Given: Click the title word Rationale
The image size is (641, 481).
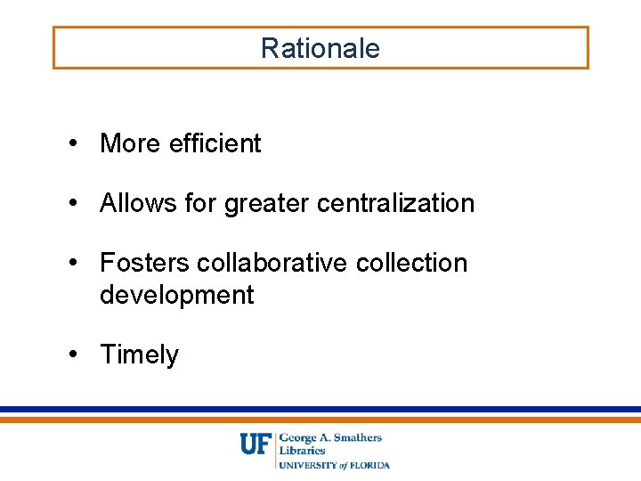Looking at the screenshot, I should coord(320,48).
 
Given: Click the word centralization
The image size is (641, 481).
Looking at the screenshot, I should coord(395,203).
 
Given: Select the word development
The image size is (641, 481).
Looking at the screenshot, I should coord(177,295).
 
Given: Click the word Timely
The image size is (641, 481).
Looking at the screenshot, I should coord(139,355).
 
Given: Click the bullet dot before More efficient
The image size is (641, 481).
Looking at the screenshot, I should coord(80,144).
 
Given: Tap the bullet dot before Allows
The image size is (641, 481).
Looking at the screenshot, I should coord(80,204).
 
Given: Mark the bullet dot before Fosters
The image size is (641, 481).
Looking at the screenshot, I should coord(80,264).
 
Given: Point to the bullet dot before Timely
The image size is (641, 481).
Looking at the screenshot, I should coord(80,355).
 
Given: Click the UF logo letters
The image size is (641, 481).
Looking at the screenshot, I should coord(256,444).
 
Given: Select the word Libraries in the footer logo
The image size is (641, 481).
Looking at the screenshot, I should coord(302,451).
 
